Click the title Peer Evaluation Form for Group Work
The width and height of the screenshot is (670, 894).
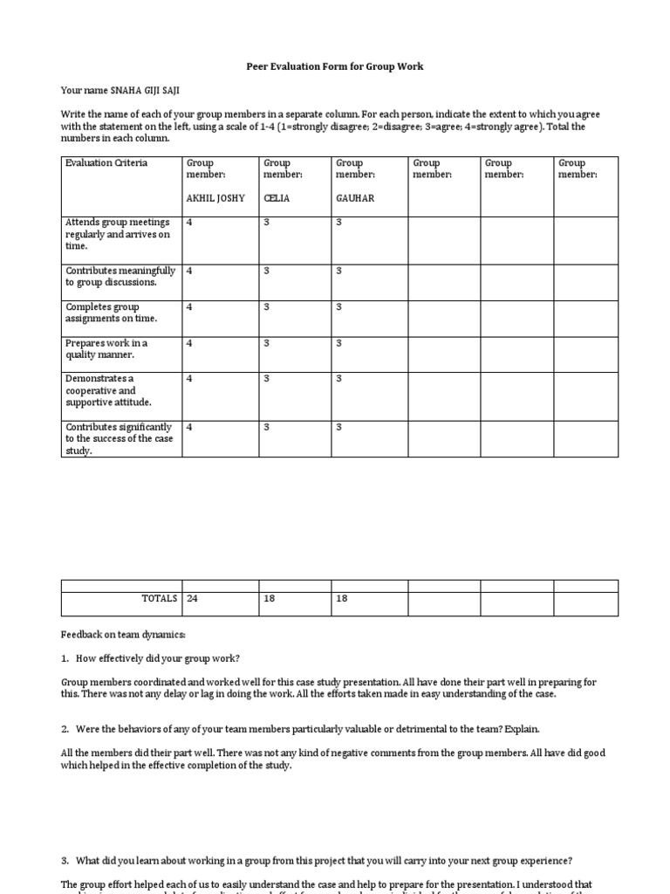(x=336, y=66)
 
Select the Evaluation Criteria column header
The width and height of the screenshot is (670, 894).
(x=106, y=163)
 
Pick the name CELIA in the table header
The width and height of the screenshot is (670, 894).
(x=277, y=198)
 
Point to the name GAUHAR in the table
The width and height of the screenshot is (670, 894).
(x=355, y=198)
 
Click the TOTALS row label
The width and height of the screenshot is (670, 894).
(x=159, y=599)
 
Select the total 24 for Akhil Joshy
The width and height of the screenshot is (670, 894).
(x=192, y=599)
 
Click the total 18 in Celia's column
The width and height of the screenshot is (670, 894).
(x=270, y=599)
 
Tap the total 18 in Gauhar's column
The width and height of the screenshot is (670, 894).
(x=342, y=599)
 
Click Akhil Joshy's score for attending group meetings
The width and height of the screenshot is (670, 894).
(x=189, y=223)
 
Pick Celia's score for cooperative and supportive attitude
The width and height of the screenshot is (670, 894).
(x=267, y=379)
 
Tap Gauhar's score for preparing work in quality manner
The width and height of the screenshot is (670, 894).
(x=339, y=343)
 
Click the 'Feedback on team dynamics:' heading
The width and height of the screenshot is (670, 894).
(x=123, y=634)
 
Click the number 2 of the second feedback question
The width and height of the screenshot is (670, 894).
(x=65, y=728)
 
